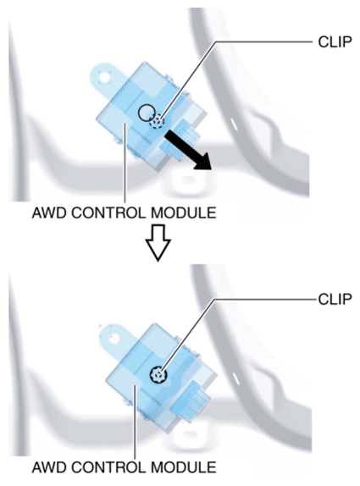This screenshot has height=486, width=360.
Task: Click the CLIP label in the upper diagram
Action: (335, 41)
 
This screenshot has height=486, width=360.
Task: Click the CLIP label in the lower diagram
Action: (335, 299)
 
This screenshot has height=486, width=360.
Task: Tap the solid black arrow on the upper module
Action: (188, 151)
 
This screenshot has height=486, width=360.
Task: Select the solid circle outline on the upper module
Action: (147, 113)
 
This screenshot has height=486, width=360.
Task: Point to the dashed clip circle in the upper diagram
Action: (157, 121)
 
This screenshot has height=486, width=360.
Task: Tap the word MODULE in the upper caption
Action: (183, 213)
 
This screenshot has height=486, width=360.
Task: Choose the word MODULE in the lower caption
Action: (183, 467)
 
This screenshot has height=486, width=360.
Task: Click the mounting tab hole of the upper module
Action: (104, 76)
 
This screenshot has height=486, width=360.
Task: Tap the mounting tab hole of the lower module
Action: (114, 338)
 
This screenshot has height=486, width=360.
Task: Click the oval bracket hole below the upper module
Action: (187, 180)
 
